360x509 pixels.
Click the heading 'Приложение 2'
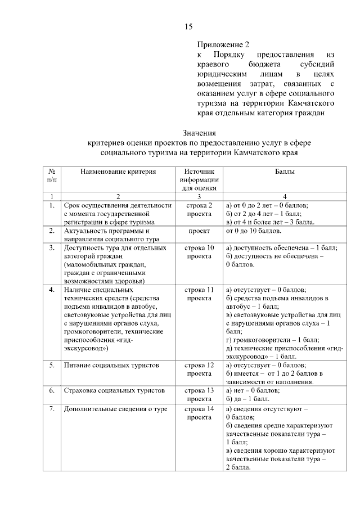pos(223,44)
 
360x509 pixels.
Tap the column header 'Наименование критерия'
pos(118,171)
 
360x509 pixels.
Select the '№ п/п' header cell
pos(51,175)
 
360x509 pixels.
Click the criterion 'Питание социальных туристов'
pos(111,365)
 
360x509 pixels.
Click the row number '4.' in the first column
pos(51,290)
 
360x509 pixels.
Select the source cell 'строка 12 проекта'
pos(199,369)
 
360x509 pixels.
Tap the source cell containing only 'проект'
pos(199,231)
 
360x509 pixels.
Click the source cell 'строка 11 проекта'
pos(199,294)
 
